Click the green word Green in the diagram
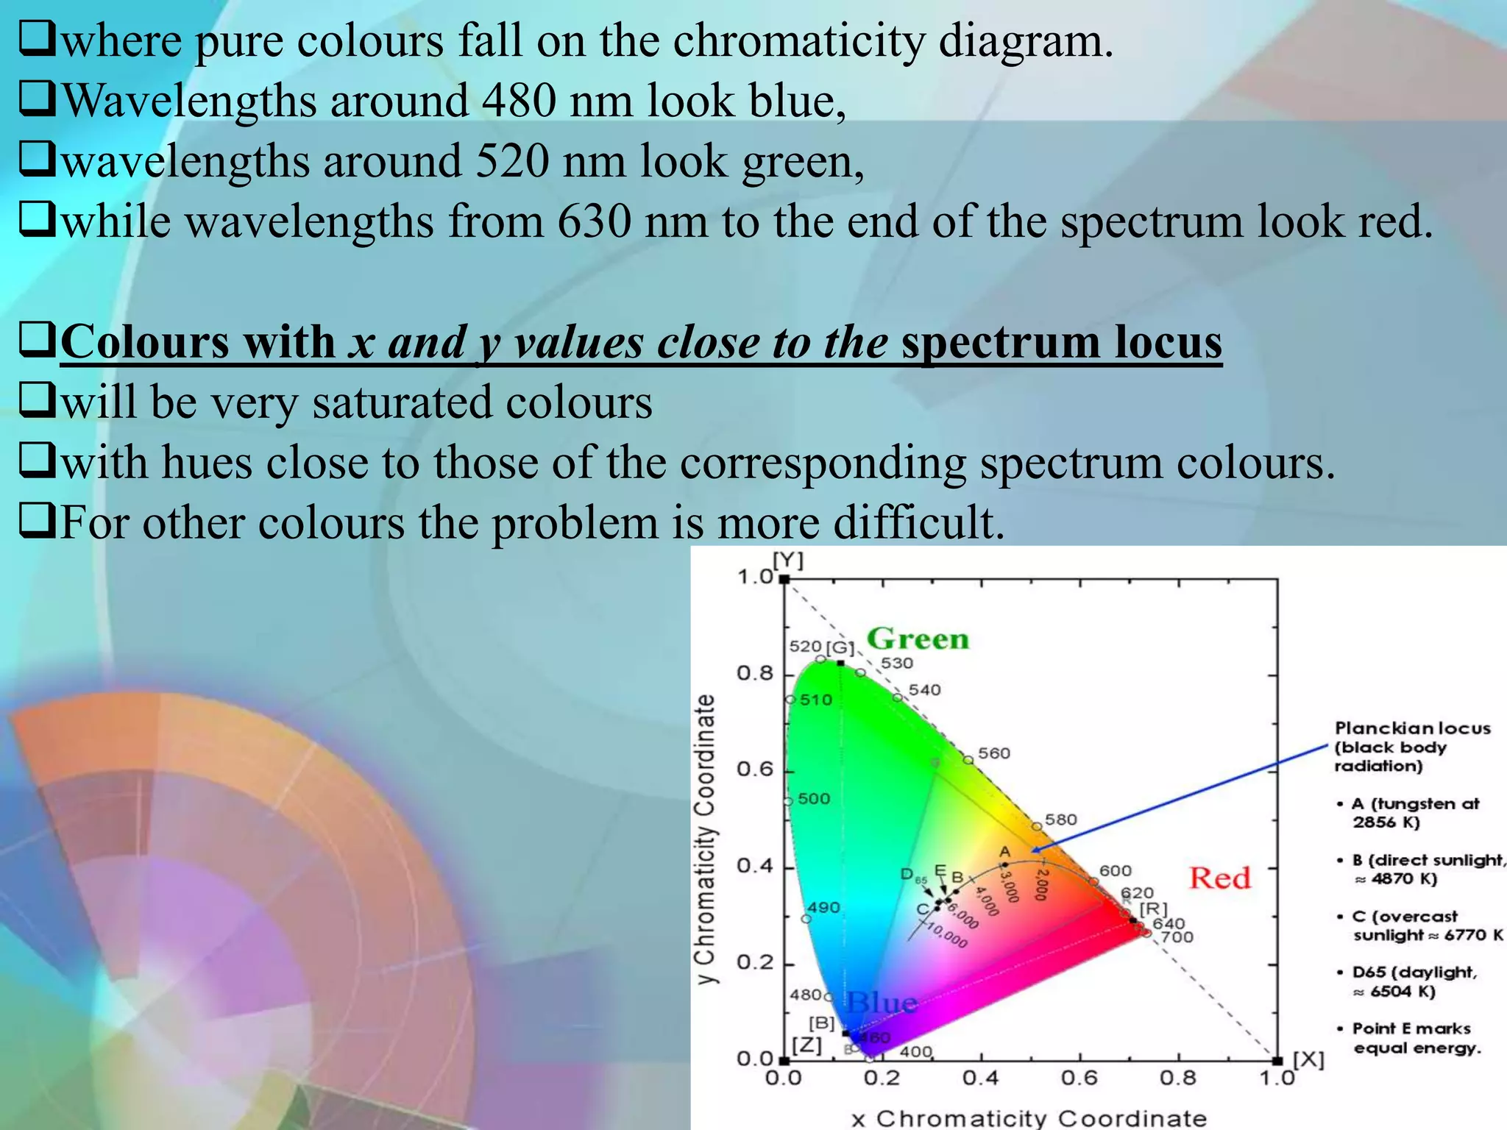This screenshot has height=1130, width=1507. point(918,639)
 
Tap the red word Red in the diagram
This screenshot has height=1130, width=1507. point(1219,878)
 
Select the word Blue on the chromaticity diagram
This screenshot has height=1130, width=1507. point(882,1002)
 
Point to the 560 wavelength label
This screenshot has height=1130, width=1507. point(994,753)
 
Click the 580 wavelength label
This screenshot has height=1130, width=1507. point(1060,820)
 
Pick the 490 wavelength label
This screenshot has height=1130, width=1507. point(823,908)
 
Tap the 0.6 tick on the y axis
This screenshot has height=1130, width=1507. point(755,770)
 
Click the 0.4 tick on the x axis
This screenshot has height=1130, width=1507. point(981,1079)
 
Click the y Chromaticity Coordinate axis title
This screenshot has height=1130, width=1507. point(706,839)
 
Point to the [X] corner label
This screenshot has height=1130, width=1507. point(1308,1059)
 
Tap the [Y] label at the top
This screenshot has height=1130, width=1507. point(788,561)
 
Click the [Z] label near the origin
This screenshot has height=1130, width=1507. point(807,1045)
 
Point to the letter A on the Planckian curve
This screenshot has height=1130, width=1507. point(1005,852)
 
